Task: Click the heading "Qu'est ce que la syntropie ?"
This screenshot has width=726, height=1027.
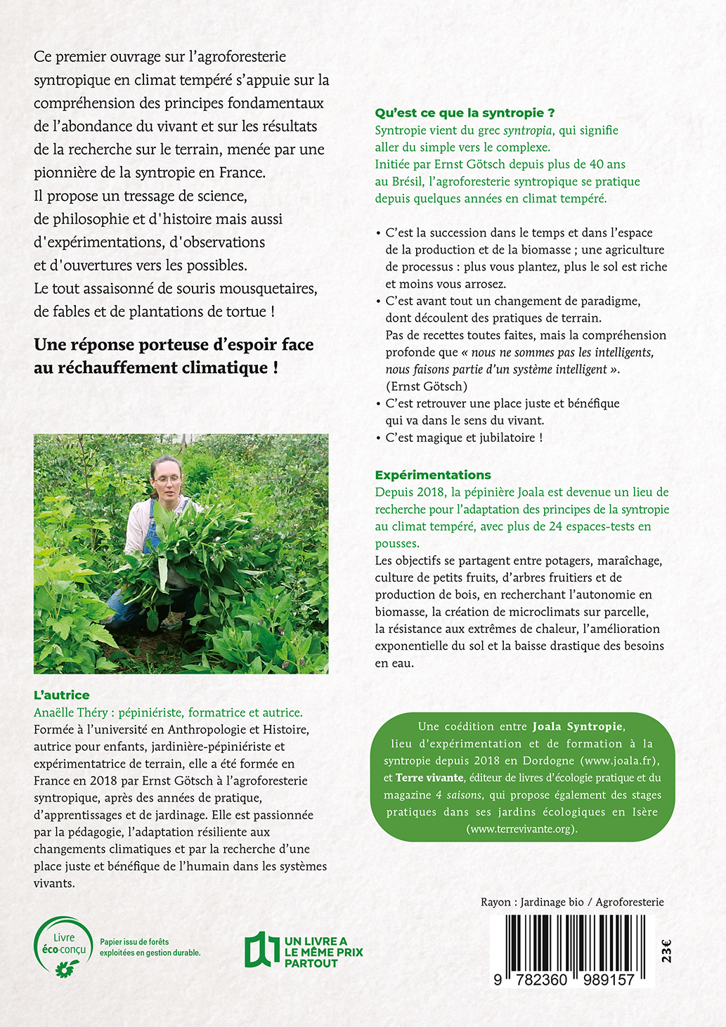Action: click(465, 112)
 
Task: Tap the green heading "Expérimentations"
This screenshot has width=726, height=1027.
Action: click(433, 475)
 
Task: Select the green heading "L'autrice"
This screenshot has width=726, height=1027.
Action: click(62, 695)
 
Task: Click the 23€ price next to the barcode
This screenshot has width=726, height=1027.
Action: click(666, 950)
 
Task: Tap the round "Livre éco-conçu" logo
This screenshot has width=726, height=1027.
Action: click(63, 946)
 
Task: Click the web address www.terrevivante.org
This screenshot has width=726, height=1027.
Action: click(521, 829)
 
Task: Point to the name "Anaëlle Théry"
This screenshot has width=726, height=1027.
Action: click(73, 712)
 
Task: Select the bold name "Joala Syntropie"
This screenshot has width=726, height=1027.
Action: click(577, 726)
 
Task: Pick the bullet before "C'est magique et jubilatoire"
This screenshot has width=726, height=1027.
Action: click(378, 438)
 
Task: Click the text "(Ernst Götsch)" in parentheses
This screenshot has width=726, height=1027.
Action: click(426, 386)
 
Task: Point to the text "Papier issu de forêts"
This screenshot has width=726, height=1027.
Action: click(134, 941)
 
